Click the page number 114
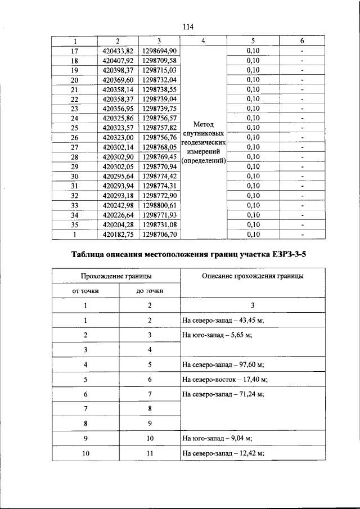click(x=188, y=26)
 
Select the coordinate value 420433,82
click(x=118, y=51)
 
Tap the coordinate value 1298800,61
click(x=160, y=205)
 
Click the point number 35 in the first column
click(x=75, y=224)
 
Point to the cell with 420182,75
click(x=118, y=234)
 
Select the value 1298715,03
click(x=160, y=70)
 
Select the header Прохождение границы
click(x=116, y=276)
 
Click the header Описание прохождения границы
click(x=253, y=276)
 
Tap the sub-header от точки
click(x=85, y=291)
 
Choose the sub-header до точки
click(x=150, y=291)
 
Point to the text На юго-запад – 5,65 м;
click(x=217, y=335)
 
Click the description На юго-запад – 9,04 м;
click(x=217, y=437)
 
